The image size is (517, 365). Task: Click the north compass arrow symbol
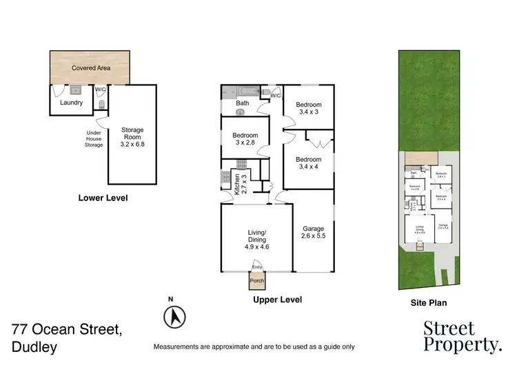tap(174, 317)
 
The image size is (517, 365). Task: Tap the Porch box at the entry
tap(258, 280)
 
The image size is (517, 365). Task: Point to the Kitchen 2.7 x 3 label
tap(239, 183)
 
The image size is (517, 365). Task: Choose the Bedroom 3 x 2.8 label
tap(245, 139)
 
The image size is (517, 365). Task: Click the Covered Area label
tap(92, 69)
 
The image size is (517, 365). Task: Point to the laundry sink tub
tap(76, 90)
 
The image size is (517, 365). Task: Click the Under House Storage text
tap(94, 139)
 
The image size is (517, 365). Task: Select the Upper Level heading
tap(277, 300)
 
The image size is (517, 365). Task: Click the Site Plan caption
tap(429, 302)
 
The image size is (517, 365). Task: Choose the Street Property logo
tap(461, 336)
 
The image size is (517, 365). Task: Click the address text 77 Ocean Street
tap(67, 330)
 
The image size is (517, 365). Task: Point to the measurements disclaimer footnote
tap(254, 346)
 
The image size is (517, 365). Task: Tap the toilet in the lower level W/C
tap(101, 105)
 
